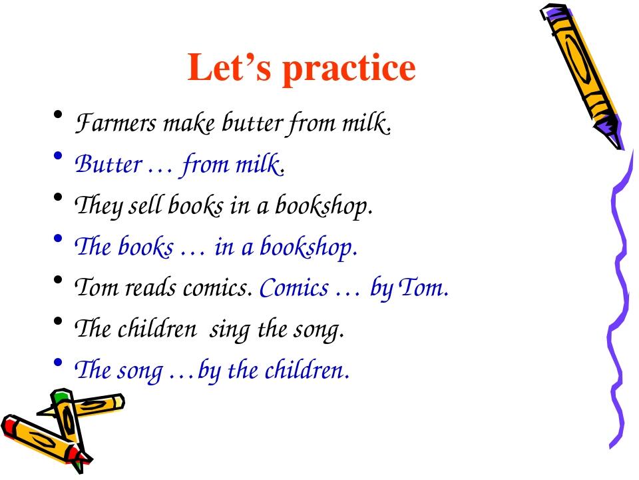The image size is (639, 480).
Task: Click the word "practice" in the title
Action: [x=349, y=69]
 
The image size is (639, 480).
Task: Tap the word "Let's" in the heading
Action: [x=229, y=67]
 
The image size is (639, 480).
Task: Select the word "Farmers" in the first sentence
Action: [x=116, y=123]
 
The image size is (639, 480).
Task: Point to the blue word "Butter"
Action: [x=108, y=164]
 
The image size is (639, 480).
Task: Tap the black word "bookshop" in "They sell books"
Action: [x=323, y=206]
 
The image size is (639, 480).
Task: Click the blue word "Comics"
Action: [x=294, y=288]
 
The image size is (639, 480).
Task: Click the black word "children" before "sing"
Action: [x=157, y=328]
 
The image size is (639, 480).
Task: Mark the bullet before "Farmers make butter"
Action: [x=58, y=115]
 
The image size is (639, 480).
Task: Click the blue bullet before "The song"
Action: [x=58, y=362]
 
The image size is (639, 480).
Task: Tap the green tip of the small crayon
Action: [x=61, y=395]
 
